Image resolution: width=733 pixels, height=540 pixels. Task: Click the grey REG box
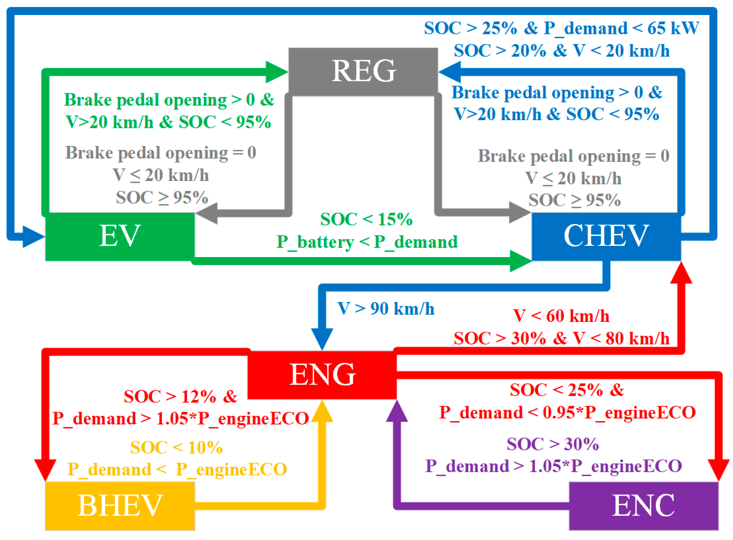coord(363,72)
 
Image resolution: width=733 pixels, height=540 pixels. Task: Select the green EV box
coord(120,236)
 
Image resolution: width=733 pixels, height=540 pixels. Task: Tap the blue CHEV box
coord(606,236)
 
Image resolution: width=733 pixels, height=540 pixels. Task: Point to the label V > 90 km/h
coord(386,309)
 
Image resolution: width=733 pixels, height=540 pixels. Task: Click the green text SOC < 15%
coord(366,219)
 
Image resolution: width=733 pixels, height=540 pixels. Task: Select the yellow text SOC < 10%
coord(176,447)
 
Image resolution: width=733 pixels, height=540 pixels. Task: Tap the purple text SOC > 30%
coord(553,444)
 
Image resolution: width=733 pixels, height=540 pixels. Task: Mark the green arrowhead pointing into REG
coord(276,72)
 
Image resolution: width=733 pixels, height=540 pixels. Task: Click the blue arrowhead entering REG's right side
coord(450,72)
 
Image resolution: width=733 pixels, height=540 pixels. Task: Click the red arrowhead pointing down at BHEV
coord(45,469)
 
